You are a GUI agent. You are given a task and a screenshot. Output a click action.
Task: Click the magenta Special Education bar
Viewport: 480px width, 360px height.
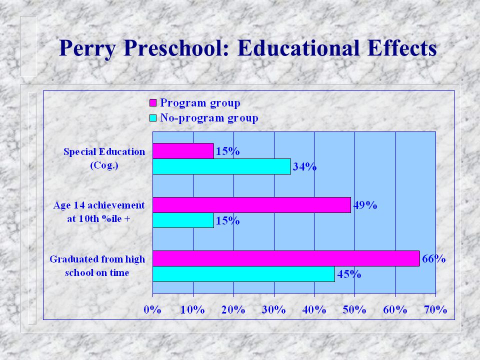(x=183, y=151)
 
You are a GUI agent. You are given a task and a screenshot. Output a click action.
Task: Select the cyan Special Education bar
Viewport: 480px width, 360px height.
(x=221, y=166)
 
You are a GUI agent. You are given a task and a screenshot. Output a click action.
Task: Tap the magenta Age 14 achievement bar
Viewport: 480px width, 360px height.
(x=251, y=205)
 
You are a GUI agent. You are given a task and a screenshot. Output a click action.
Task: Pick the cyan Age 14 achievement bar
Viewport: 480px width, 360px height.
(x=183, y=220)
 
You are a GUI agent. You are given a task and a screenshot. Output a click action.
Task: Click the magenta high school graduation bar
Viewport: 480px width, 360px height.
(x=286, y=258)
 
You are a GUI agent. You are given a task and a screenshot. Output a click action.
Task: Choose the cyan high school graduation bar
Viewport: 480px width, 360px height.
(x=243, y=274)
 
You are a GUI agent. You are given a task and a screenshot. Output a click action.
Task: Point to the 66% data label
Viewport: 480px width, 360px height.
(x=434, y=258)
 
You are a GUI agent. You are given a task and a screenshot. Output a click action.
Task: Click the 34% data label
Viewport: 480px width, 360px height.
(x=304, y=166)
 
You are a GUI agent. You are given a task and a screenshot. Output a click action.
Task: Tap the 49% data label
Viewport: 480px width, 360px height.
(x=365, y=205)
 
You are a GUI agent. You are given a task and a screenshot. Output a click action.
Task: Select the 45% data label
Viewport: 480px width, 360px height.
(x=349, y=274)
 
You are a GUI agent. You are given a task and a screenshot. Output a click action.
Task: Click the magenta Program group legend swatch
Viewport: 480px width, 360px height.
(x=153, y=103)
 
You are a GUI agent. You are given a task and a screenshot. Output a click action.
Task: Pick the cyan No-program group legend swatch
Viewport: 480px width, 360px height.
(x=153, y=118)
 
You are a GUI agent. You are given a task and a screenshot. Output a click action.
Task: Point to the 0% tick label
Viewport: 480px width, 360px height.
(x=152, y=310)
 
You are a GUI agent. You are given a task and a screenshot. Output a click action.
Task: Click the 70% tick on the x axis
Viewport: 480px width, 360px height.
(x=435, y=310)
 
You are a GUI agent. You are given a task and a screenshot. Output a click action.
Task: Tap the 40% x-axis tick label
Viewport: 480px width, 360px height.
(x=314, y=310)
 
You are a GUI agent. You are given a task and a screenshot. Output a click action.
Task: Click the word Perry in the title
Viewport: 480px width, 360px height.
(x=87, y=48)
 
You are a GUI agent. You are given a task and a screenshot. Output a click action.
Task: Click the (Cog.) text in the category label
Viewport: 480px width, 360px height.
(x=104, y=165)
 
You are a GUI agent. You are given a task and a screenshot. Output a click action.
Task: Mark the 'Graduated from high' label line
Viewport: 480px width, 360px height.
(x=97, y=259)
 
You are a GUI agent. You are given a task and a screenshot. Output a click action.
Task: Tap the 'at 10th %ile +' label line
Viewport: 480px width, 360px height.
(x=98, y=219)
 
